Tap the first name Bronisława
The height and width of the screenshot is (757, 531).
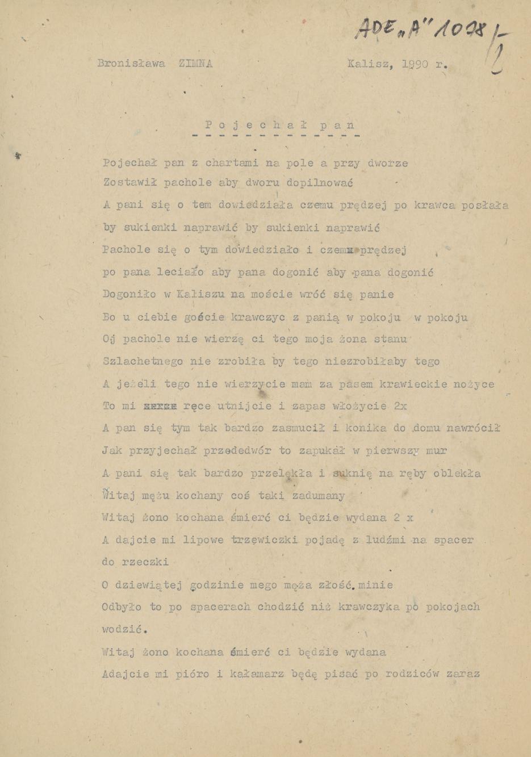click(x=131, y=64)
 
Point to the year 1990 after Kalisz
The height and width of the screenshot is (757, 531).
click(x=415, y=64)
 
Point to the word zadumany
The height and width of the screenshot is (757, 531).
click(x=318, y=496)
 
